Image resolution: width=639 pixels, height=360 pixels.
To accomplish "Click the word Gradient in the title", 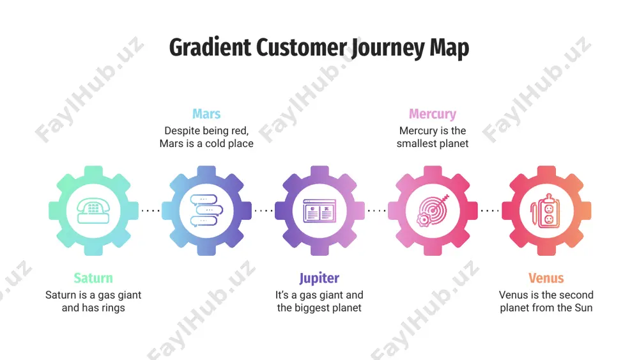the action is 210,48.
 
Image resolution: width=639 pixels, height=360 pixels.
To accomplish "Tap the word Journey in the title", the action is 388,49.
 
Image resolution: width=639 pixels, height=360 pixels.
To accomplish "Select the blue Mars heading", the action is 206,114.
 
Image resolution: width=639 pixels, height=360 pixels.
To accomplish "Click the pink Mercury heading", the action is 433,114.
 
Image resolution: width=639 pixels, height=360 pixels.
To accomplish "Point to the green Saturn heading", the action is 93,278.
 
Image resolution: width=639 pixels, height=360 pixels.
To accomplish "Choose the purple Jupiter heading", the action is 319,278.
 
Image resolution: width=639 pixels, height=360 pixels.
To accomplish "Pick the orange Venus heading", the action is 546,278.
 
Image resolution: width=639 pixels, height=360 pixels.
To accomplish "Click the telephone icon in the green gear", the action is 93,211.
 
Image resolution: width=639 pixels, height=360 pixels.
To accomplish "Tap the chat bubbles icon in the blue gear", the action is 206,211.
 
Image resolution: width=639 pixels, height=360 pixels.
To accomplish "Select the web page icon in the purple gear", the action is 319,211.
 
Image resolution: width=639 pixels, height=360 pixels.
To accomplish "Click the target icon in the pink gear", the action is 433,211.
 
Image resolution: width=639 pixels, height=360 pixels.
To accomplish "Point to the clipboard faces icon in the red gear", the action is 546,211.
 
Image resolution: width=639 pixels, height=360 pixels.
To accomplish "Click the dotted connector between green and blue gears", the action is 150,211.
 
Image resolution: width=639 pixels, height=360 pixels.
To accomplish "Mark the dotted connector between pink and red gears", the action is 490,211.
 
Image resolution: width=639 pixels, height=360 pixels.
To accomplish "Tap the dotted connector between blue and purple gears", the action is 263,211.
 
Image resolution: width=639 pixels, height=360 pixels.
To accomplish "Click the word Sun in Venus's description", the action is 583,308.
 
